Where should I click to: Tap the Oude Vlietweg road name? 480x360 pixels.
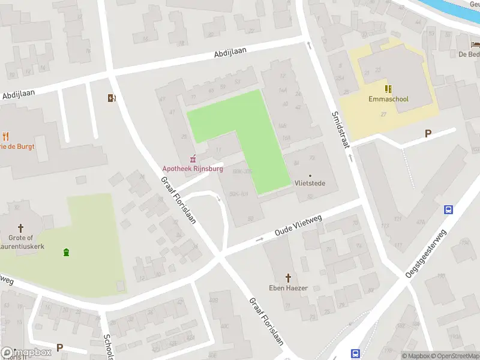pos(298,226)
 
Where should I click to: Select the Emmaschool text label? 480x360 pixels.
pos(388,98)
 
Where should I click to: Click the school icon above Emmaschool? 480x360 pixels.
pos(388,88)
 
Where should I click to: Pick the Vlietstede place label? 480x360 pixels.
pos(310,183)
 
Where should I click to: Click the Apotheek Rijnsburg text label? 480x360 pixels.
pos(192,169)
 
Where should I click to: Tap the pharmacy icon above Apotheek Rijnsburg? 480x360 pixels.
pos(193,159)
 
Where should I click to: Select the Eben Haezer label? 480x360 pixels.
pos(289,288)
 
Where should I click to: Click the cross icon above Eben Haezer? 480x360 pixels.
pos(289,278)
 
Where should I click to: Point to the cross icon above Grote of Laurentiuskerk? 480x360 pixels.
pos(21,228)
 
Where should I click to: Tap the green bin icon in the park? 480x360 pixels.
pos(65,252)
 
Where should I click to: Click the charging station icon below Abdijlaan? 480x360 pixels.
pos(111,98)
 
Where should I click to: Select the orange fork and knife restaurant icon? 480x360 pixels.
pos(6,136)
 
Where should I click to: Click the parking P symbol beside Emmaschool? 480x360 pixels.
pos(428,133)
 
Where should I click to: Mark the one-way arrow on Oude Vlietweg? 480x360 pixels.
pos(259,239)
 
